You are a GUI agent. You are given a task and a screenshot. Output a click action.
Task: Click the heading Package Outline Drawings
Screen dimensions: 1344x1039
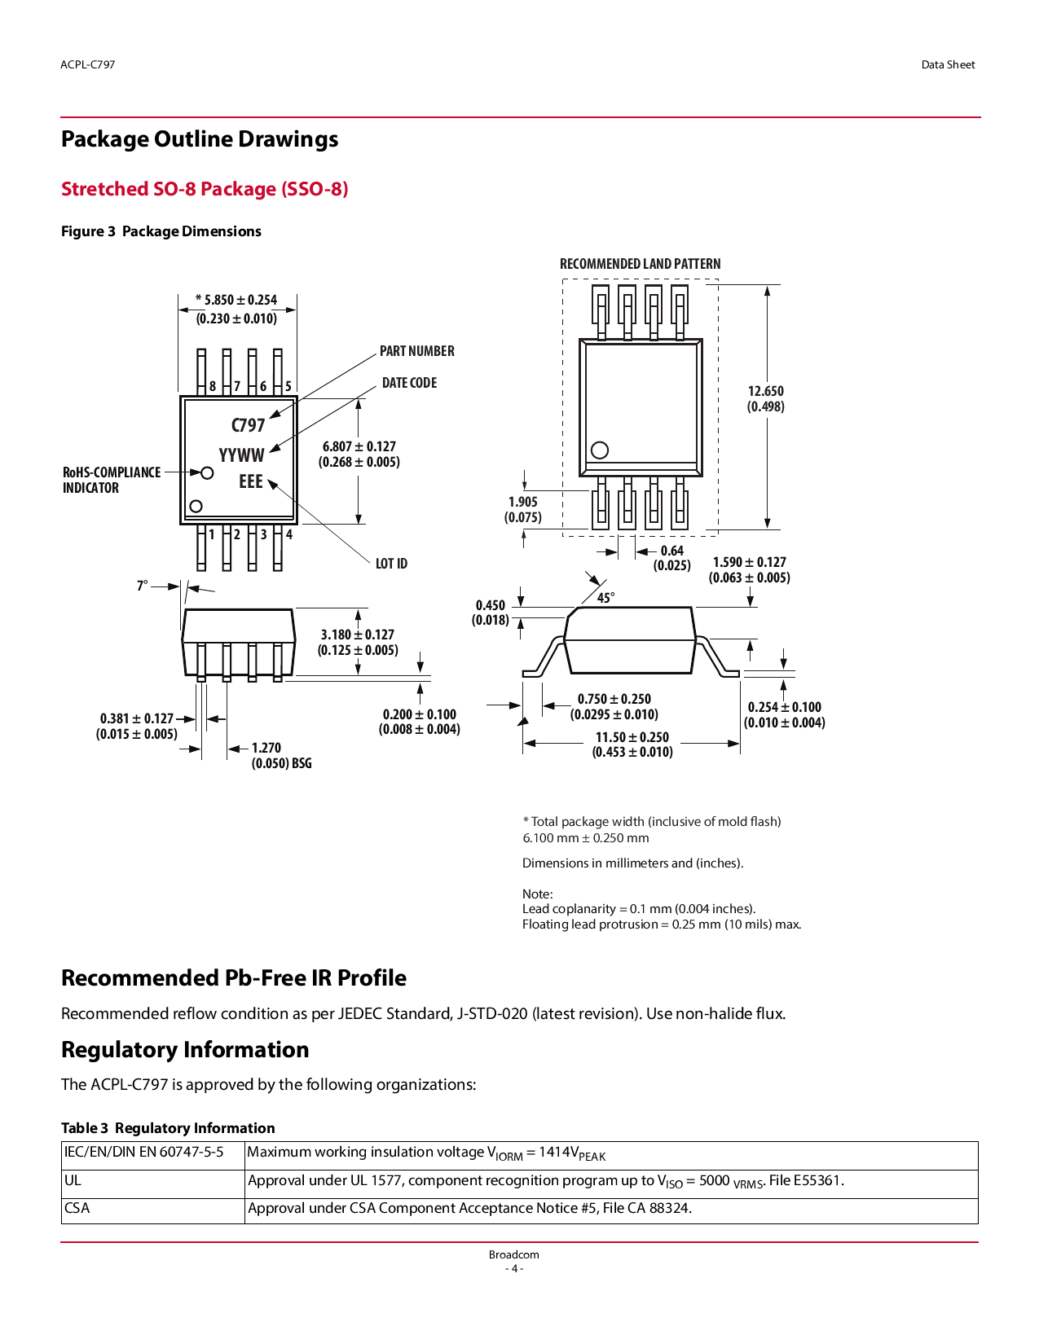[x=200, y=139]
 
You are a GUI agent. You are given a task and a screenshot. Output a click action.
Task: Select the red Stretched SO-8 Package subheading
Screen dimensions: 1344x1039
[x=205, y=189]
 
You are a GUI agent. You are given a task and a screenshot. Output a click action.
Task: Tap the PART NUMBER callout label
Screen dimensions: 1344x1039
[x=416, y=351]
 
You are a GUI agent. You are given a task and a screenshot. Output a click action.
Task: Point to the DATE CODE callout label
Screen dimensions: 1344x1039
[x=409, y=383]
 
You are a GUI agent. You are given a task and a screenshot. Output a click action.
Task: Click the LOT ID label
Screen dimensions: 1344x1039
[x=391, y=564]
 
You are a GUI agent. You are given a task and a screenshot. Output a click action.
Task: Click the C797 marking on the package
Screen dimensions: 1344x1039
[x=248, y=425]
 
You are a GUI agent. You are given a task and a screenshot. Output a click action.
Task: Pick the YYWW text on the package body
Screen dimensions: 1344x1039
[x=241, y=455]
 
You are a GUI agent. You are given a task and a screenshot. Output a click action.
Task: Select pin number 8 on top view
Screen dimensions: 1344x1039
[x=213, y=386]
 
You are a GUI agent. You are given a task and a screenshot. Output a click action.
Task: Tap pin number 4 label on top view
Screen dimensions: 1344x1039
[x=288, y=535]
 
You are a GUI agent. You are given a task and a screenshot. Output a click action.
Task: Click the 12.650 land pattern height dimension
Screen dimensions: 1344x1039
[x=765, y=398]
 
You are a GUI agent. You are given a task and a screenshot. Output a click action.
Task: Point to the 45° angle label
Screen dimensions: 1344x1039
[x=605, y=598]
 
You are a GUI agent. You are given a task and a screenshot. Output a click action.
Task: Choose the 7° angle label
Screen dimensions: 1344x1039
[x=142, y=586]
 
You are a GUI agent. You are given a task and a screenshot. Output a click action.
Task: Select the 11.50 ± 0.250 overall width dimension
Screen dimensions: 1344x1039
[x=632, y=744]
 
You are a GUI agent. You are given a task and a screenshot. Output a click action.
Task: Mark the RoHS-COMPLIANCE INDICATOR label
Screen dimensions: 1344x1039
[x=111, y=480]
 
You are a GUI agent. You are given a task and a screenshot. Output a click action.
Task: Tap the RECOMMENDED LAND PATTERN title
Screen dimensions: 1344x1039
[x=640, y=264]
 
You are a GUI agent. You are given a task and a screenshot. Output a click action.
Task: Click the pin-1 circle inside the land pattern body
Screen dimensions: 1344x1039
[x=600, y=450]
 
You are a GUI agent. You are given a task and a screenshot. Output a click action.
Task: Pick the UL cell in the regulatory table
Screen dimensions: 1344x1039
[x=73, y=1180]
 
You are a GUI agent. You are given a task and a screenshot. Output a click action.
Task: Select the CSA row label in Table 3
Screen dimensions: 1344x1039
[x=77, y=1208]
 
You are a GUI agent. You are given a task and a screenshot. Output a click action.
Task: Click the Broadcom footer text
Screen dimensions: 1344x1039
[x=513, y=1254]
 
